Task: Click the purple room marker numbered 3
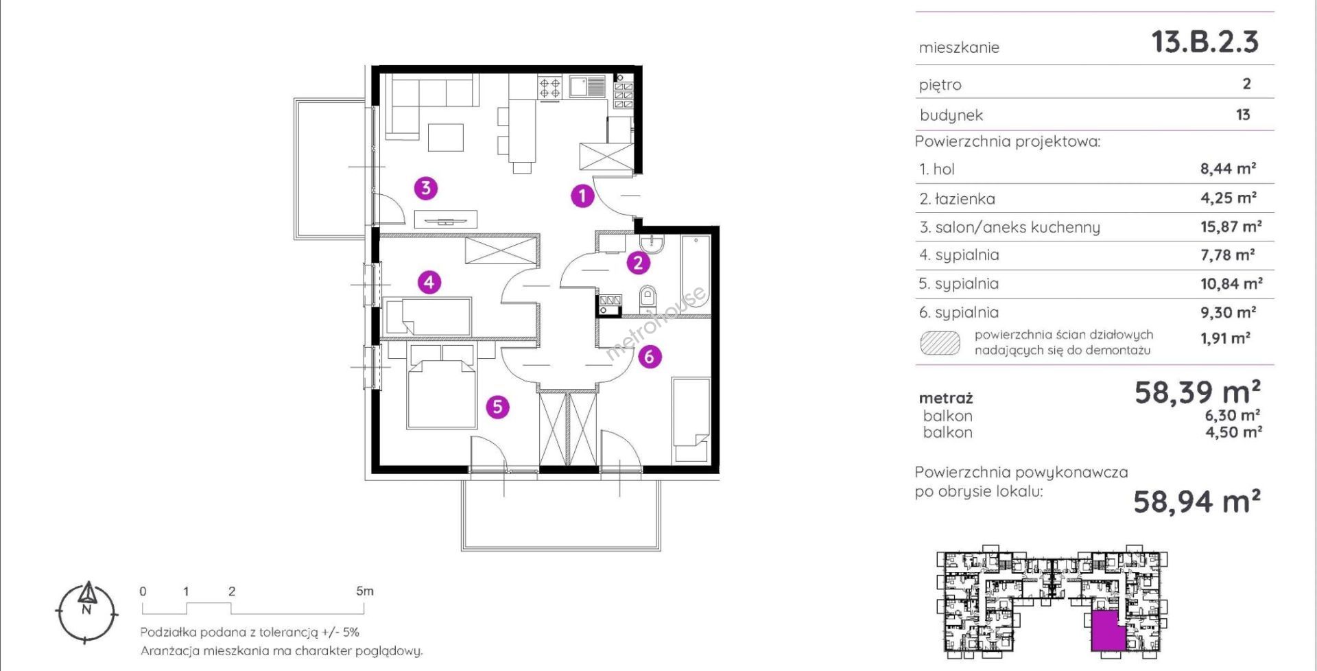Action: [x=426, y=187]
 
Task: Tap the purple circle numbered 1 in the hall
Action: [x=582, y=196]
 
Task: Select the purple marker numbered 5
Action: [x=497, y=407]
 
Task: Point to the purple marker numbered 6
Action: [x=650, y=356]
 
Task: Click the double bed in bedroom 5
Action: [x=441, y=386]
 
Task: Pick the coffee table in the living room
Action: [x=446, y=137]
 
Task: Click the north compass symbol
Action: [x=86, y=613]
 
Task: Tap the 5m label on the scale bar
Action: [x=365, y=591]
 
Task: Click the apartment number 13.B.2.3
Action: [x=1205, y=42]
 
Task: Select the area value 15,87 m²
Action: [x=1231, y=226]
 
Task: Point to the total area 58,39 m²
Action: [x=1198, y=392]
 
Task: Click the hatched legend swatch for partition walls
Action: [x=940, y=343]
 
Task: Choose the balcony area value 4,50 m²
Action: [x=1234, y=432]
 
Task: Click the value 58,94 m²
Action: [x=1197, y=502]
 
